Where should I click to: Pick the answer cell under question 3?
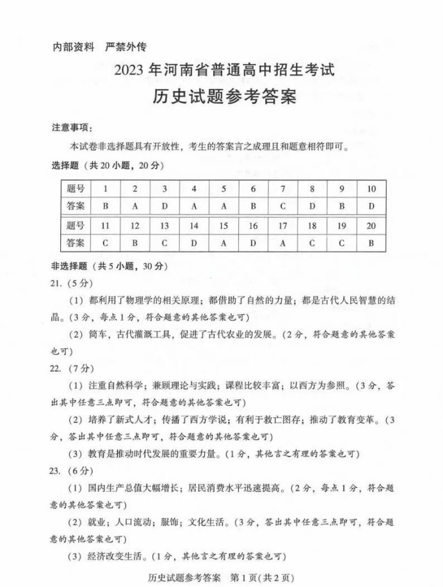pyautogui.click(x=165, y=206)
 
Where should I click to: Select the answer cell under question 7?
pyautogui.click(x=282, y=206)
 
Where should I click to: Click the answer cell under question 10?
pyautogui.click(x=372, y=206)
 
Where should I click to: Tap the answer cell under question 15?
pyautogui.click(x=223, y=243)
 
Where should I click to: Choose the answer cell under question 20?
pyautogui.click(x=372, y=243)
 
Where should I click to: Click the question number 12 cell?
pyautogui.click(x=135, y=225)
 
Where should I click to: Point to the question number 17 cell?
pyautogui.click(x=282, y=225)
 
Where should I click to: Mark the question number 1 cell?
pyautogui.click(x=105, y=189)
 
